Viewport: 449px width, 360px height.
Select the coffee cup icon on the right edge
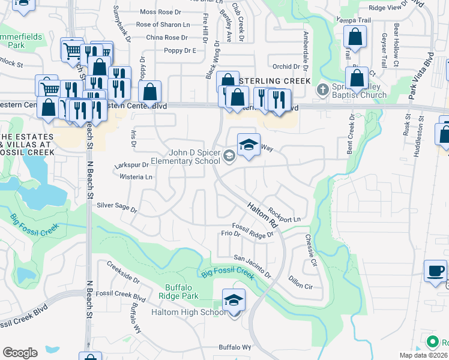point(435,271)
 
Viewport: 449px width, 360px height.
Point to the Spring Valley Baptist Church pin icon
point(324,90)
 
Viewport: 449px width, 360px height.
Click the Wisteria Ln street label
point(136,177)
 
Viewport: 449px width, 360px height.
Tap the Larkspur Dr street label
point(133,164)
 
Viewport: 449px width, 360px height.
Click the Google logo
point(20,352)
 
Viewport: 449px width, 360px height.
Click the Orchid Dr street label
point(286,67)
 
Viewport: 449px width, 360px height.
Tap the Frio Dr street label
point(231,233)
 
